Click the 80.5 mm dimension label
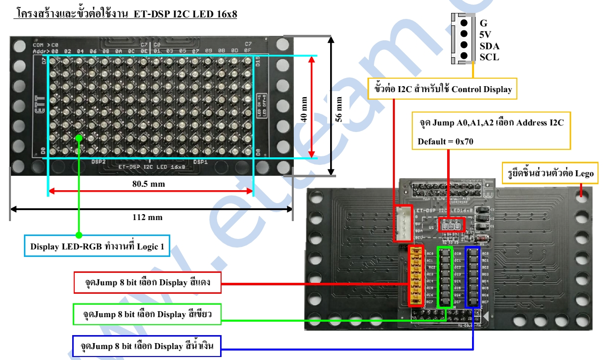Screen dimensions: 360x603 coord(149,184)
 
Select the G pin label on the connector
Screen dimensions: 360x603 coord(483,23)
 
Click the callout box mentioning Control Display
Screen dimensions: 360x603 coord(443,89)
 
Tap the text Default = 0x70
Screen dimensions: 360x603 coord(446,141)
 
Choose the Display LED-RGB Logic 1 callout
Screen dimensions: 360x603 coord(97,246)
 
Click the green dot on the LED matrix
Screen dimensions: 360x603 coord(78,137)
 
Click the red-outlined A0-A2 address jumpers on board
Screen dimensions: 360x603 coord(451,226)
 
